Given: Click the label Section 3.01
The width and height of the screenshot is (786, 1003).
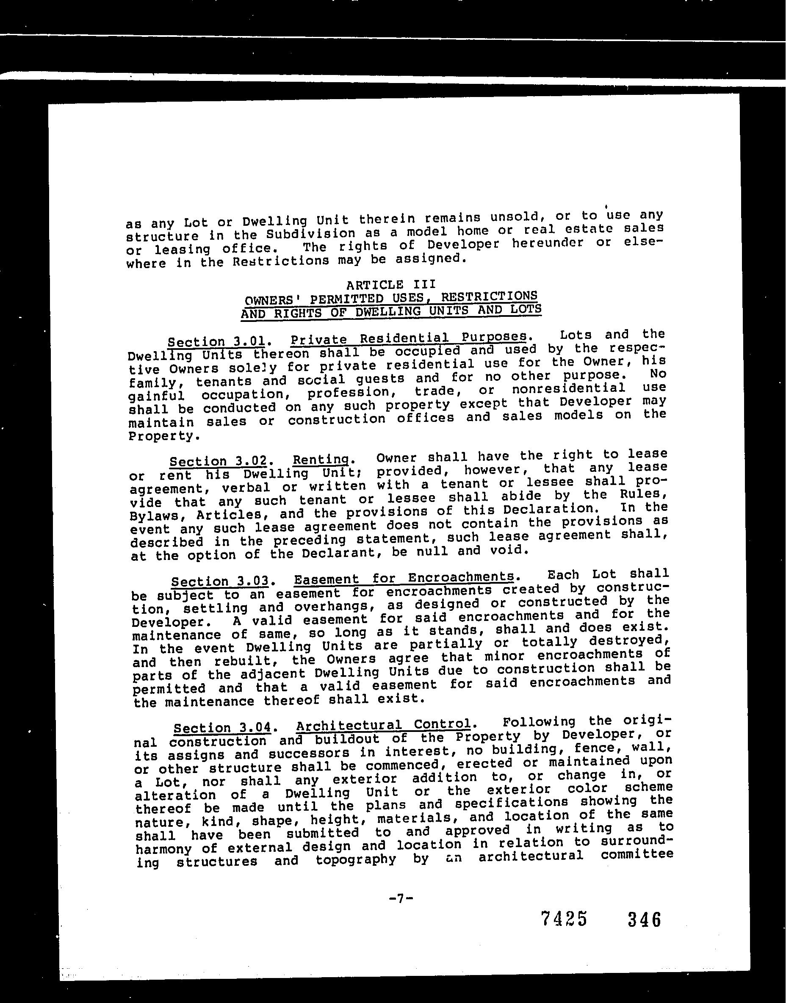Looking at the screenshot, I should pyautogui.click(x=216, y=342).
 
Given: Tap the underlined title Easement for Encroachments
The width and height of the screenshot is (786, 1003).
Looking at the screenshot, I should pyautogui.click(x=404, y=578).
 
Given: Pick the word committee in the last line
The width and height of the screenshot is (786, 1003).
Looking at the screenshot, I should pyautogui.click(x=637, y=855).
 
